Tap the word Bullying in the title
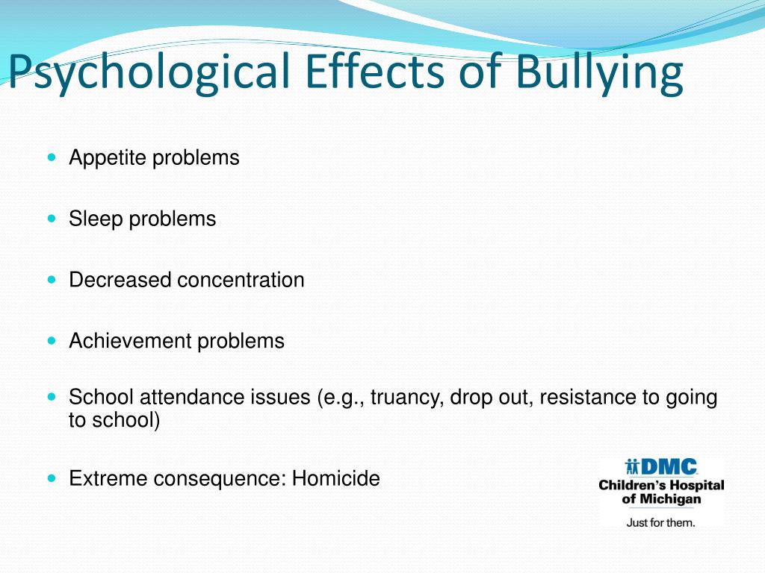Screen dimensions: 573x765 click(598, 72)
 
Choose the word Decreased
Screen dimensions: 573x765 click(120, 280)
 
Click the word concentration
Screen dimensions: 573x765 click(241, 280)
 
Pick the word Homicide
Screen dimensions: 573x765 click(335, 478)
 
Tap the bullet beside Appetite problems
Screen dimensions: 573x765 click(51, 157)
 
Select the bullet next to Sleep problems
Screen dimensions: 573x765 click(51, 219)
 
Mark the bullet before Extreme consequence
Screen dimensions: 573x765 click(51, 477)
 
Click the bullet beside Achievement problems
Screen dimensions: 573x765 click(51, 340)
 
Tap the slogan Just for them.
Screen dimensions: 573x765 click(660, 522)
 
